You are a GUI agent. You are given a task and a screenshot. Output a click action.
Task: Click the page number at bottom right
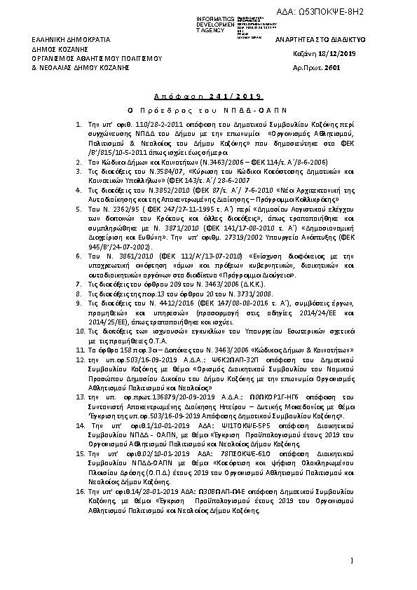(x=351, y=561)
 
